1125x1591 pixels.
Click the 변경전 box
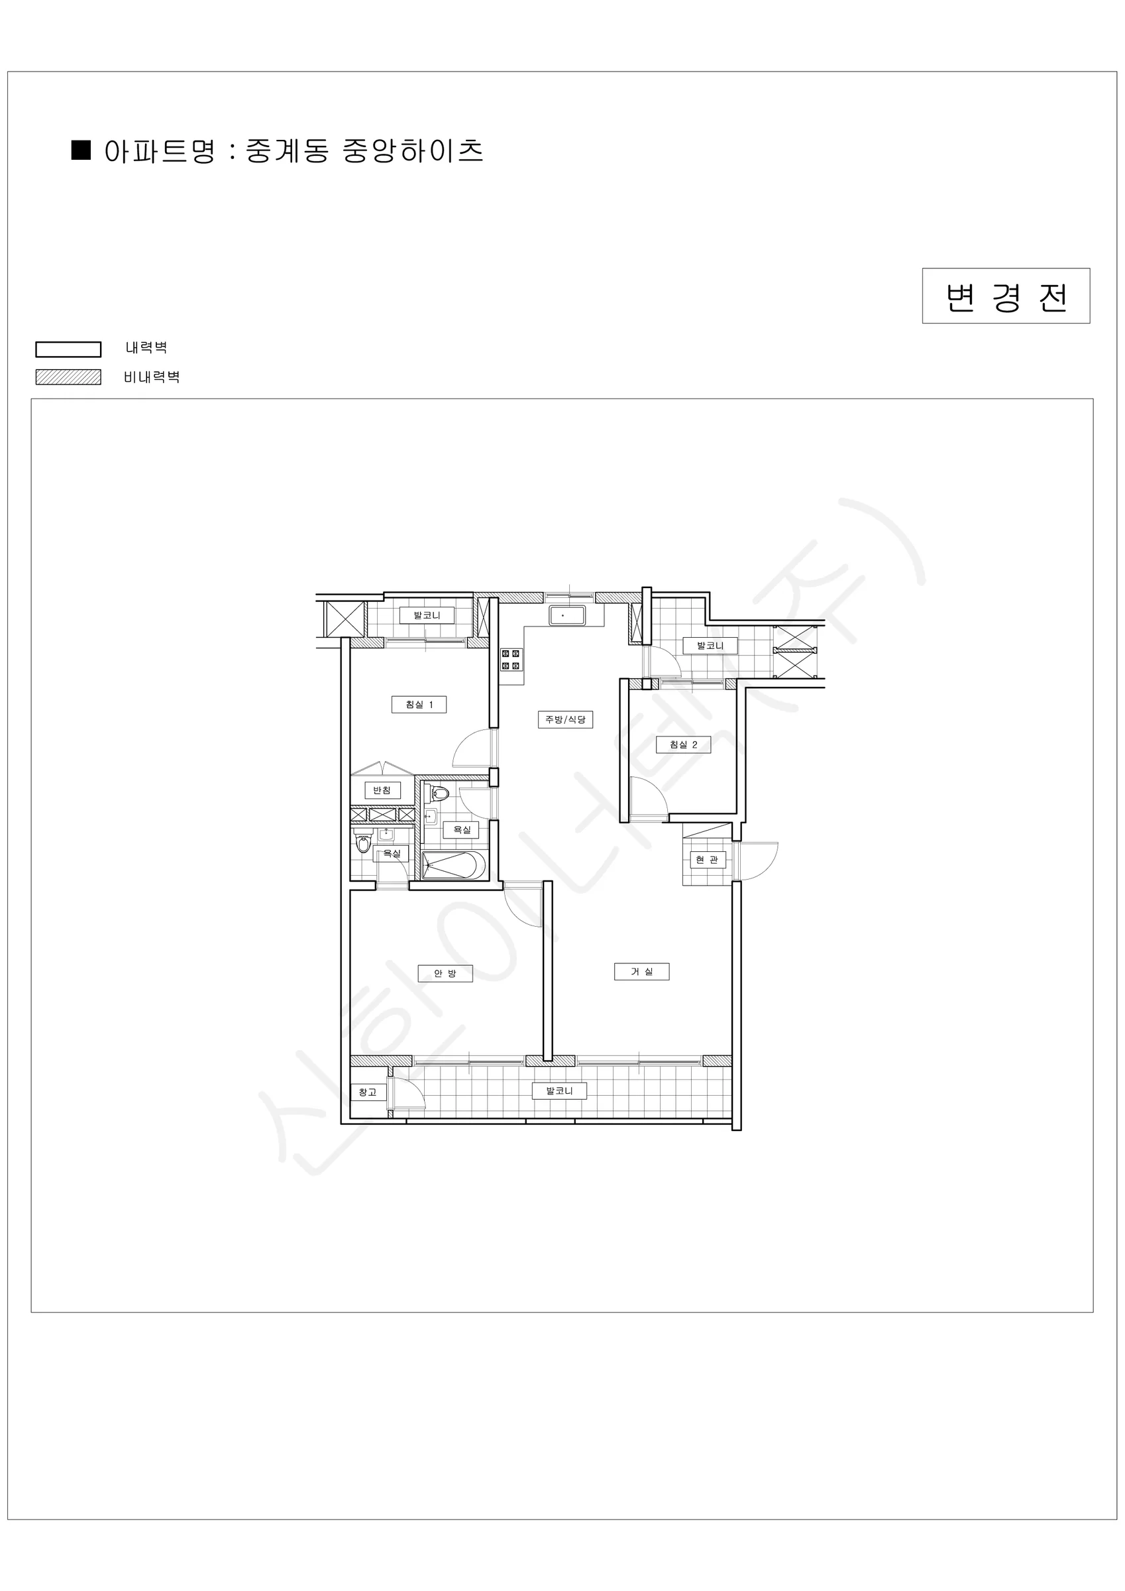click(1005, 296)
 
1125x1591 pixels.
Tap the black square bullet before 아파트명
click(81, 150)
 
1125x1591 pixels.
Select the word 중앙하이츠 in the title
click(413, 150)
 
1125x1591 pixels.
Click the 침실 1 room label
click(419, 705)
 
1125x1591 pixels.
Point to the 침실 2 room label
click(683, 745)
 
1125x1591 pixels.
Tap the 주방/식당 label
click(565, 719)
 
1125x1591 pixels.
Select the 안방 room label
click(445, 974)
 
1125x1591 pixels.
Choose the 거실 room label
click(641, 972)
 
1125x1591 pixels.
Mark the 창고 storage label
click(367, 1092)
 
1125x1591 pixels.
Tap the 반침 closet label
click(382, 791)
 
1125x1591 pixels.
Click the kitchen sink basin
click(566, 615)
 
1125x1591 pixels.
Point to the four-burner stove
click(511, 660)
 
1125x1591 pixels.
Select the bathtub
click(450, 866)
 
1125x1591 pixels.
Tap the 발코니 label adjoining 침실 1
click(427, 615)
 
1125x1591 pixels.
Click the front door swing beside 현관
click(758, 861)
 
